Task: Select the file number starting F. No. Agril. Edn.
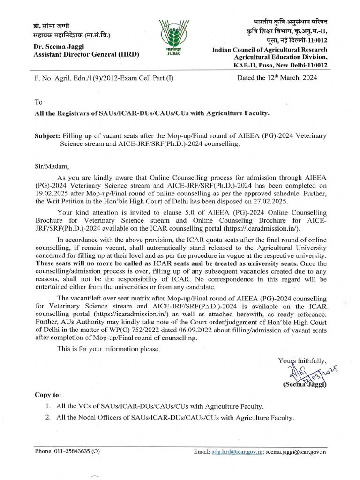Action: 104,78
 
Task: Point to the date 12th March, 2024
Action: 277,78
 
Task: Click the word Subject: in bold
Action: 47,135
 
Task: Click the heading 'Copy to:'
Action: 48,395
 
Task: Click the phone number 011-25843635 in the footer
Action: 73,452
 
